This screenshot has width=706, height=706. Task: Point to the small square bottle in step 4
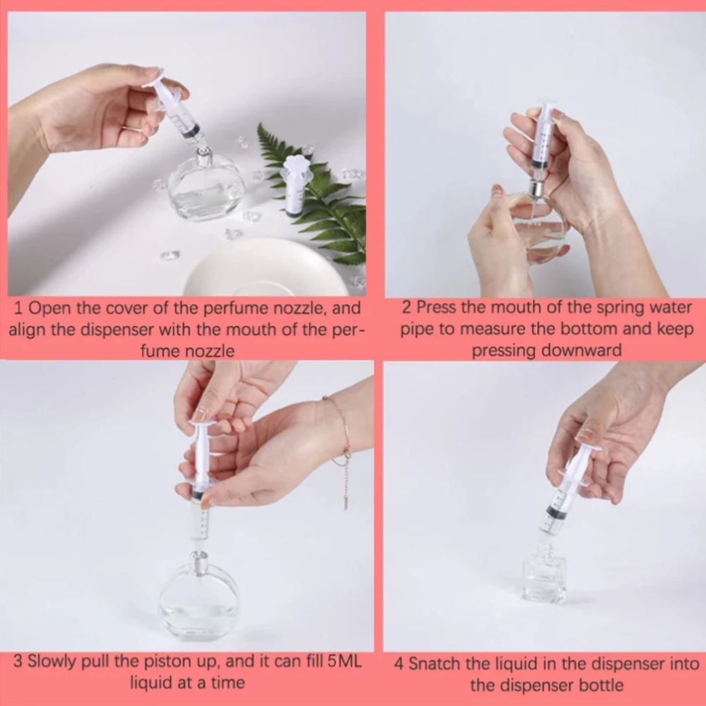[544, 574]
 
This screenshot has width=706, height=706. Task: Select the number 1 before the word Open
[18, 309]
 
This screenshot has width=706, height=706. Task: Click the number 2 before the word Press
[407, 308]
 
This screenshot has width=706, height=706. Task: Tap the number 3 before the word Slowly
[18, 662]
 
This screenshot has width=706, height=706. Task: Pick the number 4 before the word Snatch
[399, 664]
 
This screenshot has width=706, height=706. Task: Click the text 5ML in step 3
[345, 662]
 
